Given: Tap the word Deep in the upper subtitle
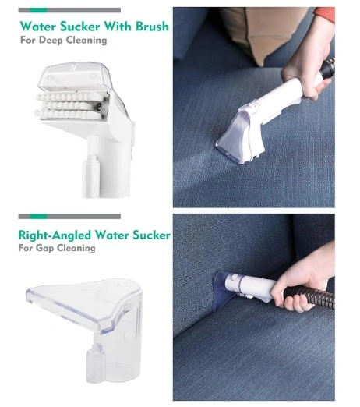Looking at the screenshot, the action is tap(51, 41).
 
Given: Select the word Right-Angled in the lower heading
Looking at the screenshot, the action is tap(55, 235).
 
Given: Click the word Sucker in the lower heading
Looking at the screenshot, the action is tap(151, 235).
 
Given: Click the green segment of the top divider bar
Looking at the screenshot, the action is tap(38, 10).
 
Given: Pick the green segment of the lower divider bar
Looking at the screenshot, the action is tap(38, 217).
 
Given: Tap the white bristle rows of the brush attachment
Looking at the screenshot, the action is tap(69, 105).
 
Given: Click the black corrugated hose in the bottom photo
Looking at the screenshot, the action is tap(310, 296).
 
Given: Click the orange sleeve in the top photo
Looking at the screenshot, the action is tap(325, 14).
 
